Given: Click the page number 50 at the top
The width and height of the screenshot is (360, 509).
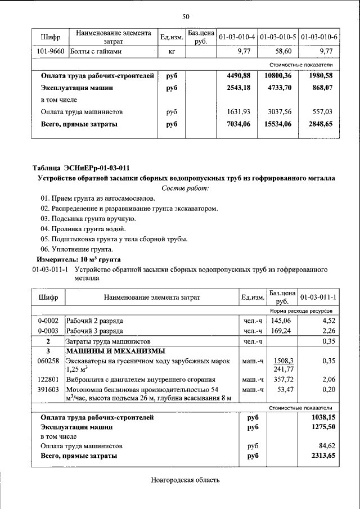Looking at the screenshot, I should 186,17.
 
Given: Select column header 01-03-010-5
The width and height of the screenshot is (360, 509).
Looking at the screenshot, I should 278,37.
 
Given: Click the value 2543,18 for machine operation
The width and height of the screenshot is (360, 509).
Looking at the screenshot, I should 238,88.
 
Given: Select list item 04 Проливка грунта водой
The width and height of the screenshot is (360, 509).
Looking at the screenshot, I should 83,228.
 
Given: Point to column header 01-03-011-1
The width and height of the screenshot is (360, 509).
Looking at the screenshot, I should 318,297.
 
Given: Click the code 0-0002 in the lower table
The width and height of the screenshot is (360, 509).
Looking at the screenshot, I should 48,321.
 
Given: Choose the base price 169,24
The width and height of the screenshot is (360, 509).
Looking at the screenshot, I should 281,331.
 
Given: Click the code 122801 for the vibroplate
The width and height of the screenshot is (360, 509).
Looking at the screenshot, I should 48,380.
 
